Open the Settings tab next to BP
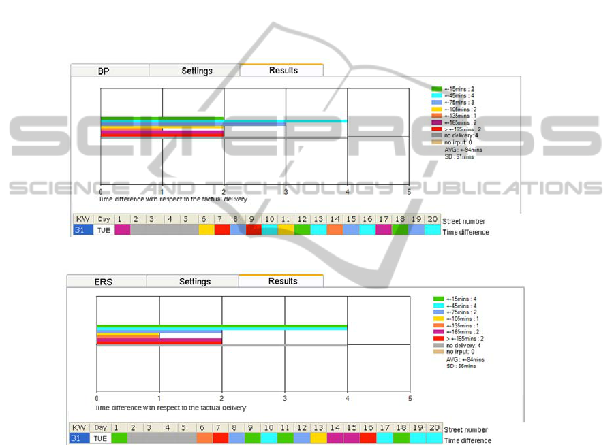pos(197,71)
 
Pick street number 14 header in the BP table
pos(334,219)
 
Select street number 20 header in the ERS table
pos(433,427)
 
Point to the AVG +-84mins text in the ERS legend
pos(465,359)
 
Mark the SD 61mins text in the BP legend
pos(459,156)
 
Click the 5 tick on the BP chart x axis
pos(410,193)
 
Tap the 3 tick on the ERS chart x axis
pos(285,398)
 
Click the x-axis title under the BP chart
pos(172,199)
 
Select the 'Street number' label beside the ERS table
pos(466,430)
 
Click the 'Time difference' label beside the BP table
pos(465,232)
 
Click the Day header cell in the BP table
pos(104,219)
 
